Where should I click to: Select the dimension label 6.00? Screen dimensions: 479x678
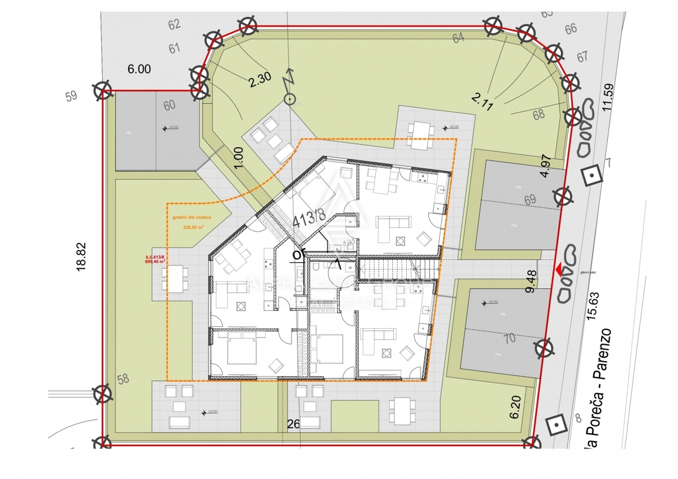click(x=139, y=69)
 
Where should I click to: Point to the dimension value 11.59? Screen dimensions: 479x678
click(x=607, y=98)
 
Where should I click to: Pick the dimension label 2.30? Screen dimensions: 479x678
click(x=260, y=80)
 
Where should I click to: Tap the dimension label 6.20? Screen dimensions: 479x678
click(x=515, y=407)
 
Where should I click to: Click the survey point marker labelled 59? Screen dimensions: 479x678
click(x=102, y=90)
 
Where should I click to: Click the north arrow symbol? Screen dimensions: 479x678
click(x=290, y=90)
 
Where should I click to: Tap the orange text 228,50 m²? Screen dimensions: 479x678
click(x=193, y=228)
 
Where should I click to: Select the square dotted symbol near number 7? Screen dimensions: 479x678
click(x=592, y=176)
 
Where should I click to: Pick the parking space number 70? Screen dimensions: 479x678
click(x=509, y=338)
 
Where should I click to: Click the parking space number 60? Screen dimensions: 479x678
click(x=169, y=105)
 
